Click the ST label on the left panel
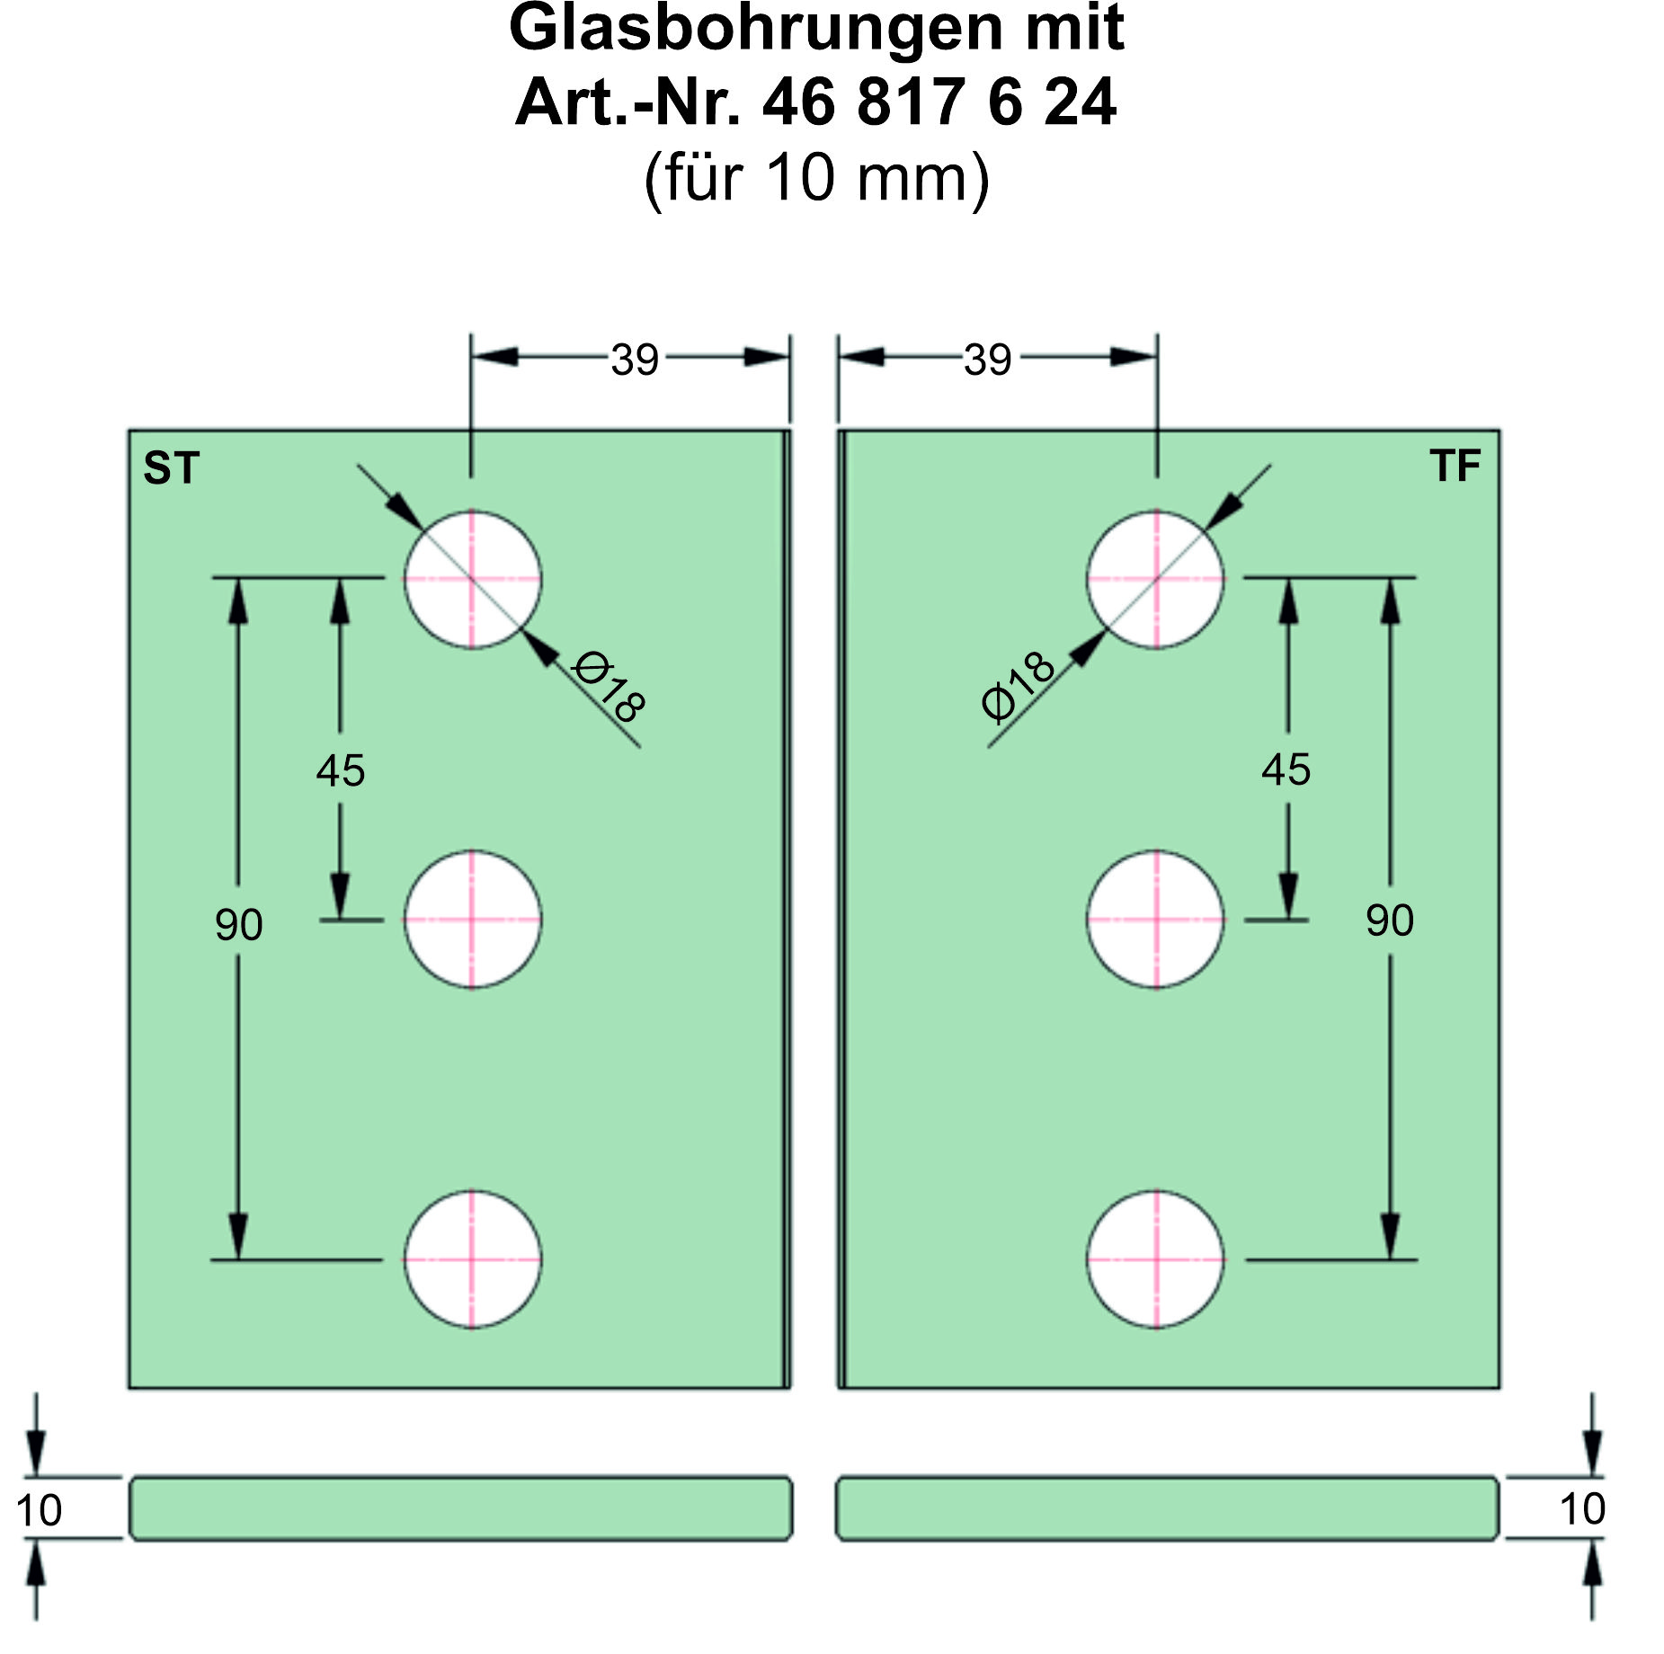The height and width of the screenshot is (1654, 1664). pyautogui.click(x=171, y=468)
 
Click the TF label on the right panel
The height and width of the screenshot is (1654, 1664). pyautogui.click(x=1455, y=466)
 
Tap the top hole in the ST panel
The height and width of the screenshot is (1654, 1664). pyautogui.click(x=472, y=580)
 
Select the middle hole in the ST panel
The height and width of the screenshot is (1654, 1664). pyautogui.click(x=472, y=920)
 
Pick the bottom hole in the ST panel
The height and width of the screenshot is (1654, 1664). pyautogui.click(x=472, y=1259)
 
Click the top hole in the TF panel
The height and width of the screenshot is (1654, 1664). pyautogui.click(x=1155, y=580)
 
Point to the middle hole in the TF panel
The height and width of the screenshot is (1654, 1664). pyautogui.click(x=1155, y=920)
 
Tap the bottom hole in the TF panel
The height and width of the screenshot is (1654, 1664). pyautogui.click(x=1155, y=1259)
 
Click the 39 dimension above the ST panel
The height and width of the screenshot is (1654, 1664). pyautogui.click(x=635, y=360)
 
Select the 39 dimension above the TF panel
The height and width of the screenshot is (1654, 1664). pyautogui.click(x=987, y=360)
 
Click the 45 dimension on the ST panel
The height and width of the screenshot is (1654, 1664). pyautogui.click(x=340, y=770)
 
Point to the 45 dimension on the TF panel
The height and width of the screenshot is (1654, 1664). pyautogui.click(x=1286, y=769)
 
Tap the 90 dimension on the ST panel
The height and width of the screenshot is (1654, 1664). pyautogui.click(x=238, y=924)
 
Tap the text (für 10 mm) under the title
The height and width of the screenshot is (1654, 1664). pyautogui.click(x=816, y=178)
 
